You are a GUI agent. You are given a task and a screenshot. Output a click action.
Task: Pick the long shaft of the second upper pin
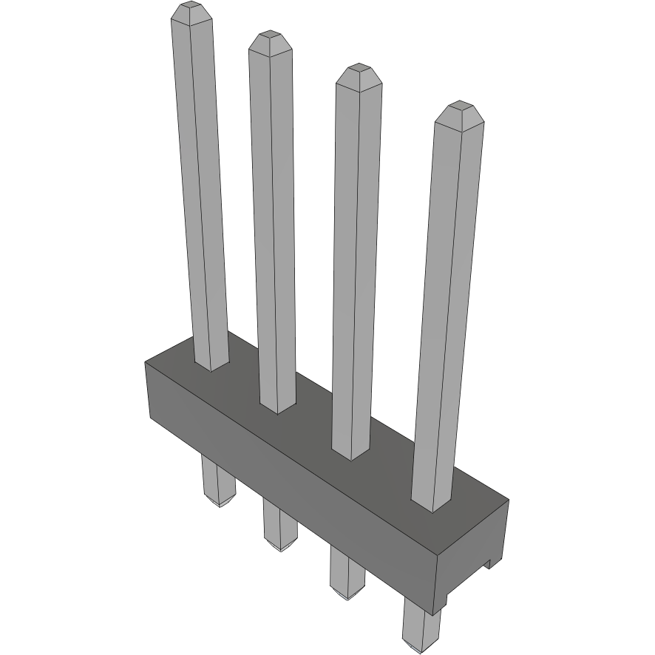tap(274, 222)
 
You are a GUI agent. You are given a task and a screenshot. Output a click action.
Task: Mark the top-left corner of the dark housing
tap(146, 362)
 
